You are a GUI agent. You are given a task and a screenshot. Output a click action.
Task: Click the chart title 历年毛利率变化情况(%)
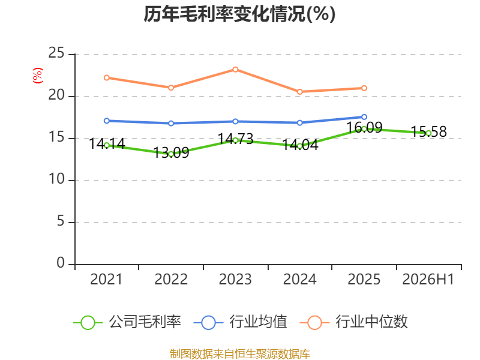239,14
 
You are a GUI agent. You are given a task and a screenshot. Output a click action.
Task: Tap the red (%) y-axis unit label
38,76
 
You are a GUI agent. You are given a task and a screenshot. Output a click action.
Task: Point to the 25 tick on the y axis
56,53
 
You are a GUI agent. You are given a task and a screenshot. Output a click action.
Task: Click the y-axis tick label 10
56,179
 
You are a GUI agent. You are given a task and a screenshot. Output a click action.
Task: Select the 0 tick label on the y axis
61,263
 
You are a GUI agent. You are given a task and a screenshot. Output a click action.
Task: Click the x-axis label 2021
106,279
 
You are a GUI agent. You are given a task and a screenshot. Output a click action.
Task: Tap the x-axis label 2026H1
428,279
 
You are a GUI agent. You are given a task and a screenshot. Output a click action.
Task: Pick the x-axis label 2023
235,279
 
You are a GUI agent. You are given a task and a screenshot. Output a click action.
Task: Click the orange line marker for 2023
235,70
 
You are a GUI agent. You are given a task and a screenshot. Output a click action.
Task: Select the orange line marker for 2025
364,88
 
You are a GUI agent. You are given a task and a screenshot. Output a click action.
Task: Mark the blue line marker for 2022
171,124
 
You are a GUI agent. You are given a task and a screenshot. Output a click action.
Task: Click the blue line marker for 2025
364,117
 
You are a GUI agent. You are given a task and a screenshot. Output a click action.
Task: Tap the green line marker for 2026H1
428,133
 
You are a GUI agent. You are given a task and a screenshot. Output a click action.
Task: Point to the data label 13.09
171,153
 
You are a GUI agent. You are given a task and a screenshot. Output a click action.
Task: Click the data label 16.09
364,127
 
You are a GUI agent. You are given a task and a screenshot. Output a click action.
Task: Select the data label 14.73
235,139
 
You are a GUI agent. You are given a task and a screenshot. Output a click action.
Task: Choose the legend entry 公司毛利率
127,322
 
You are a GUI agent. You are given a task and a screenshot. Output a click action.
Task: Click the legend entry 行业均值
241,322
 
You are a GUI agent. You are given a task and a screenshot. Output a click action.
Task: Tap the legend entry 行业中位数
353,322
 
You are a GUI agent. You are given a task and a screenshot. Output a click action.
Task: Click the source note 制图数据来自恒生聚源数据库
240,354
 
